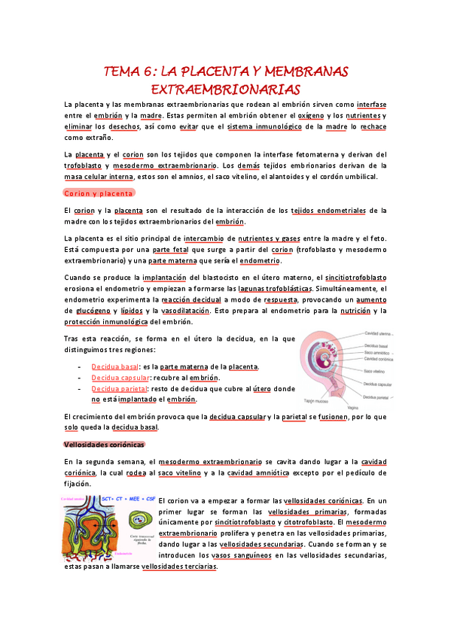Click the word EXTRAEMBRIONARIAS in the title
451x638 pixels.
pos(225,90)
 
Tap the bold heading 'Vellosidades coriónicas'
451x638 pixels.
pos(104,444)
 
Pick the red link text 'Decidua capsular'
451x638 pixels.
pos(120,378)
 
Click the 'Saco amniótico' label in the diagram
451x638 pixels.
pos(379,352)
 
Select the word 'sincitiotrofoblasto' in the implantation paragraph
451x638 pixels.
pos(357,277)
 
